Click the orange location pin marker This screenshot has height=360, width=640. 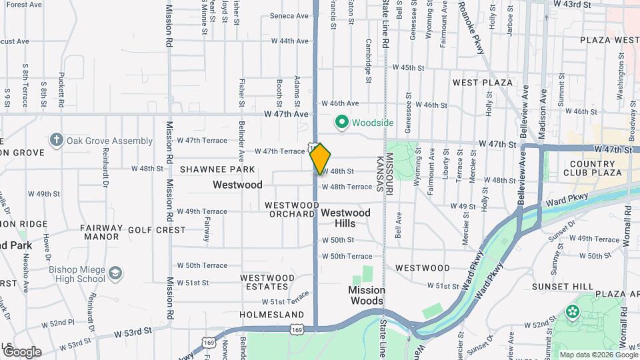coord(320,159)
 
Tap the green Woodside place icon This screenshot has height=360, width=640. coord(342,123)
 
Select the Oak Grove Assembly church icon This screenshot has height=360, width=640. coord(57,141)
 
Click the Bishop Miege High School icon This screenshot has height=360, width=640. coord(116,273)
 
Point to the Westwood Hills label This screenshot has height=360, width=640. coord(345,218)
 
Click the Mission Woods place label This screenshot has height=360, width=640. coord(367,295)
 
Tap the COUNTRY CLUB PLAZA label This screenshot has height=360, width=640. coord(593,168)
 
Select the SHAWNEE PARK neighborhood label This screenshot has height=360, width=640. coord(217,170)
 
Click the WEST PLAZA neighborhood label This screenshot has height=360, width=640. coord(483,83)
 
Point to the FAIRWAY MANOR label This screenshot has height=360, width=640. coord(102,232)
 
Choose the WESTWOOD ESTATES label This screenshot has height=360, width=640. coord(267,282)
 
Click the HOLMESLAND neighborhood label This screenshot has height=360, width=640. coord(271,315)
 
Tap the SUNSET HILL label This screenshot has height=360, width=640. coord(563,287)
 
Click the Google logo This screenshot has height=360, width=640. coord(21,351)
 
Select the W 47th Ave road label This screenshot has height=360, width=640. coord(290,114)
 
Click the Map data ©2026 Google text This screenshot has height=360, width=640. coord(599,355)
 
